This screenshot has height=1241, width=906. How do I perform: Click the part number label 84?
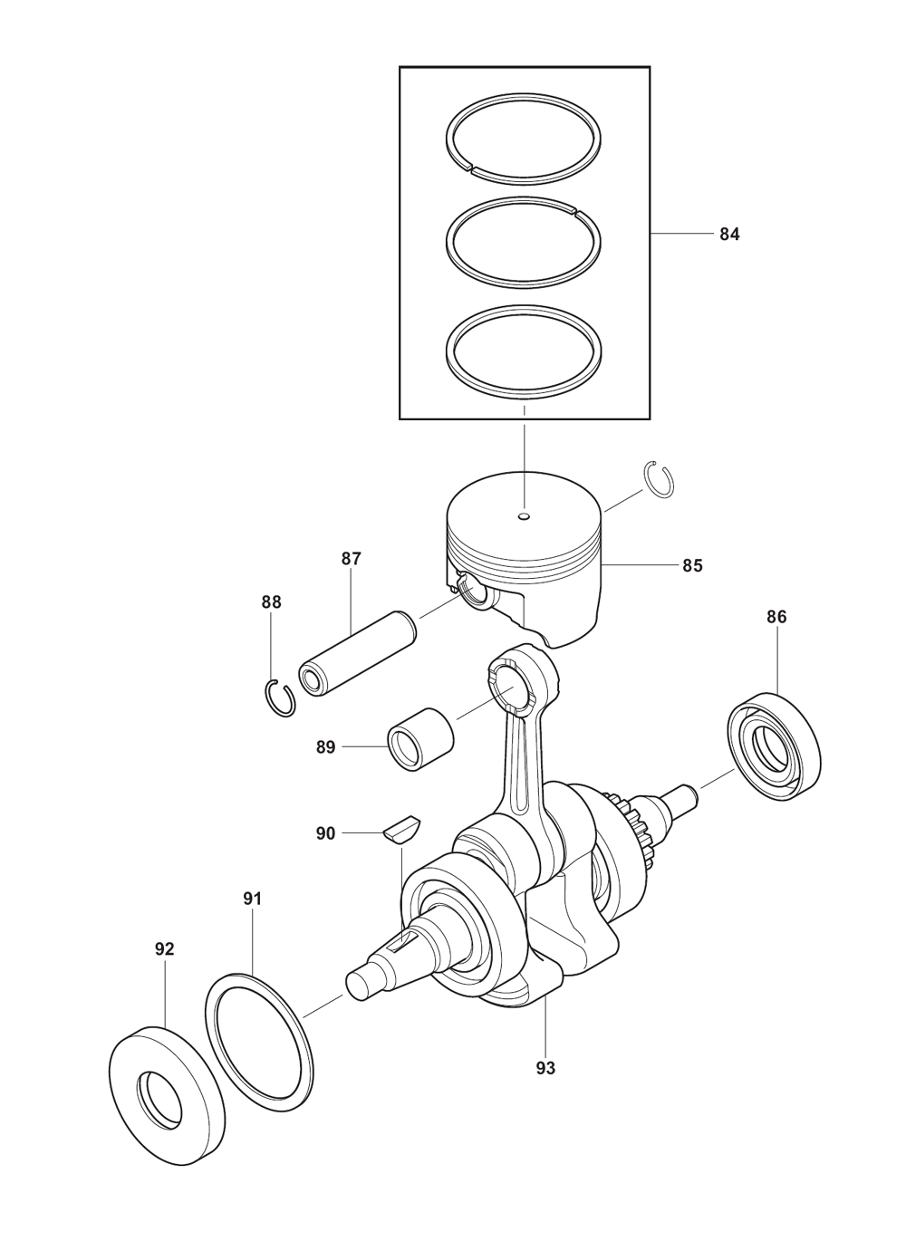coord(729,235)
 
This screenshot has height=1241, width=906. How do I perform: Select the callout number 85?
coord(692,565)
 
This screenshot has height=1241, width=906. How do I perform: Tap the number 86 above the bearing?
coord(776,617)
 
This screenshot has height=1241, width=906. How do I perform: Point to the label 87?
coord(351,558)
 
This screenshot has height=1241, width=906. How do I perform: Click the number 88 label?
coord(272,602)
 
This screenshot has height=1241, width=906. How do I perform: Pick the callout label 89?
coord(326,747)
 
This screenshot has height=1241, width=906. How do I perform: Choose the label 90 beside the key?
coord(326,849)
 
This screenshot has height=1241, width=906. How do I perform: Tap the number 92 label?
coord(165,965)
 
